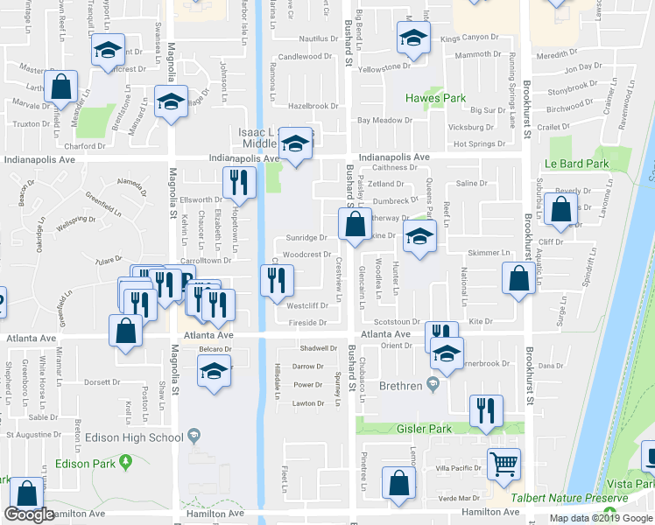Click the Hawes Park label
(x=434, y=98)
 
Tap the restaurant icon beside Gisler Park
(x=485, y=410)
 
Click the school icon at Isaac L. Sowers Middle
(x=296, y=143)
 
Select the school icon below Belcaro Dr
(x=213, y=371)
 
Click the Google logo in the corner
(x=29, y=514)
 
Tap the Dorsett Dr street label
(x=102, y=381)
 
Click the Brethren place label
(x=400, y=385)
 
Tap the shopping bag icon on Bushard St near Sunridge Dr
(x=354, y=226)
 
